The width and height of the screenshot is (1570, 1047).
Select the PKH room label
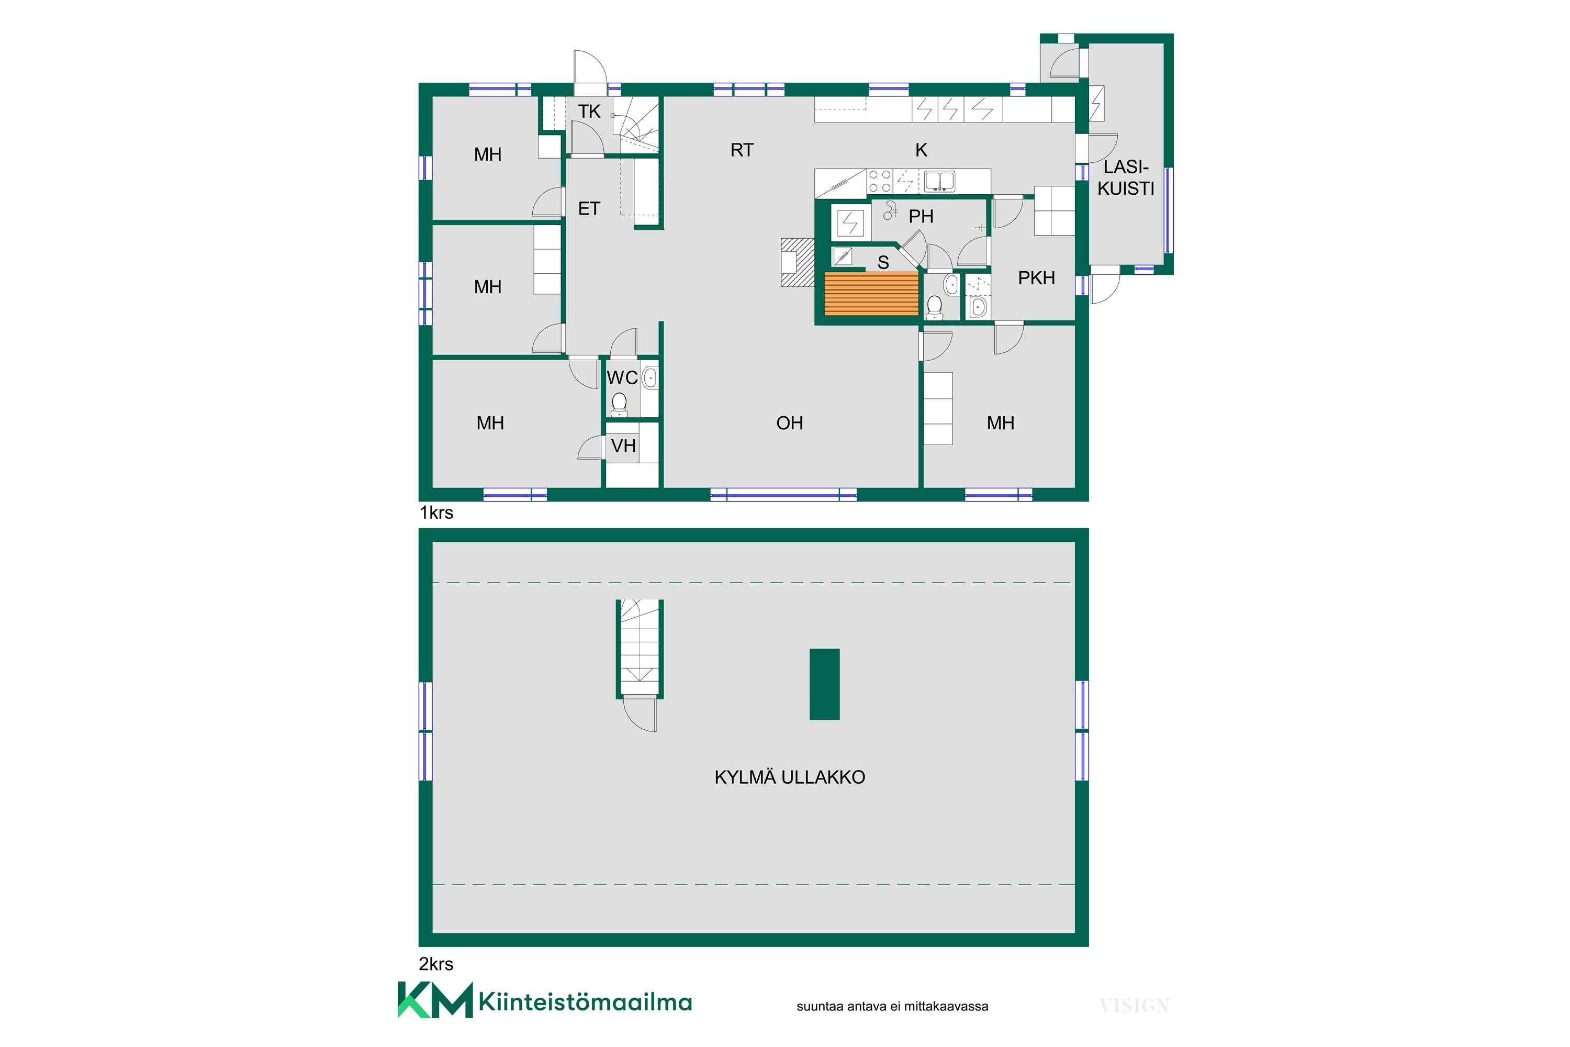point(1036,278)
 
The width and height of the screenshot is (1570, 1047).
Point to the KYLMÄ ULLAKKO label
point(790,777)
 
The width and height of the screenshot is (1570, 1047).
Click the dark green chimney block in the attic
point(824,684)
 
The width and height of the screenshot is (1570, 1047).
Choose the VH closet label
point(623,446)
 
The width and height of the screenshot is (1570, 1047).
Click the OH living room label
point(790,424)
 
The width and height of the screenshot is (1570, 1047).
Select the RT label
point(742,150)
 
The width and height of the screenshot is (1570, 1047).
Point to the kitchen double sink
point(939,181)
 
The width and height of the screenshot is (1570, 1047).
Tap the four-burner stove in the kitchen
point(880,181)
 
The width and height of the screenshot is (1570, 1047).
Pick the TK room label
point(589,112)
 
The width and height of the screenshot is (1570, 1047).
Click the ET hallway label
point(589,209)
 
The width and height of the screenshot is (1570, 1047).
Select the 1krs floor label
point(436,513)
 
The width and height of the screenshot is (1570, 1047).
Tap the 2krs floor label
point(436,964)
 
